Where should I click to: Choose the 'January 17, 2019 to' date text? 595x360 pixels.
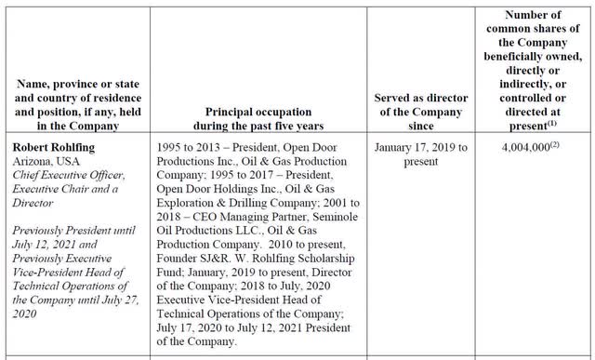(425, 148)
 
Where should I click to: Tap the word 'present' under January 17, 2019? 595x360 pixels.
(424, 161)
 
